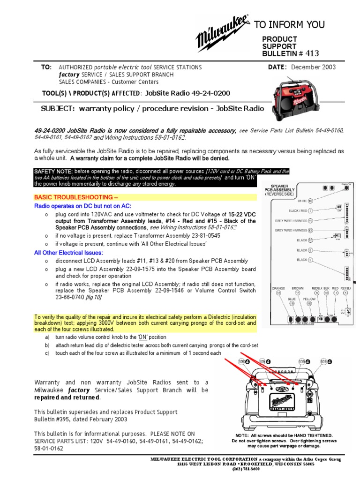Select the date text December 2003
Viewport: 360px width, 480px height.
tap(314, 67)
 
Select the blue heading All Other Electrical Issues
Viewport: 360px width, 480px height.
tap(68, 253)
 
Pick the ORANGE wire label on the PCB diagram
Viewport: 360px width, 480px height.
tap(278, 289)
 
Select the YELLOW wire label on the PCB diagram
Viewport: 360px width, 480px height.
tap(309, 298)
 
